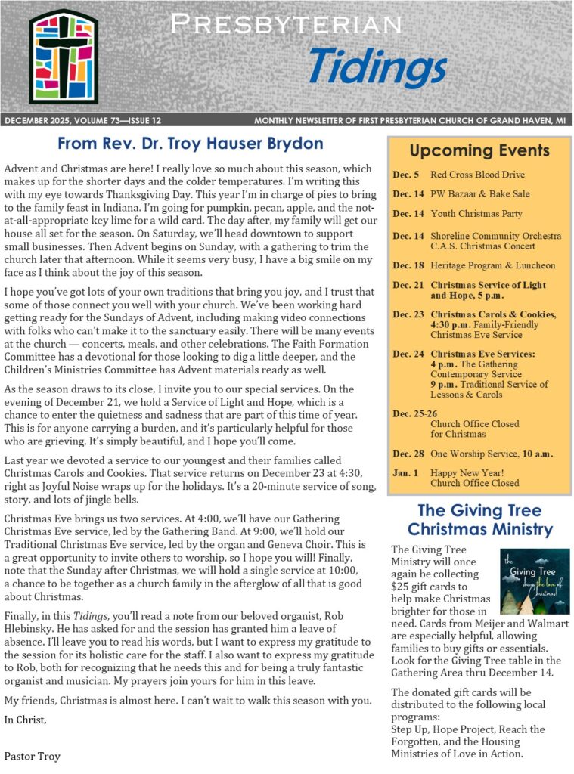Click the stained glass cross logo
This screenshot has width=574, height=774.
click(x=64, y=57)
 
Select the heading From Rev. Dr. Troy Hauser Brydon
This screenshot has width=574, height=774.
click(x=191, y=144)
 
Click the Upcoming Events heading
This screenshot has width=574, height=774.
click(x=479, y=150)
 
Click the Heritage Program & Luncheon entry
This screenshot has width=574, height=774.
click(x=492, y=265)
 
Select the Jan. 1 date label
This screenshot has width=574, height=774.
click(x=406, y=472)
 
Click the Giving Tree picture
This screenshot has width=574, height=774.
click(x=535, y=581)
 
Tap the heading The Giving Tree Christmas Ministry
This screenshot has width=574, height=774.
click(x=479, y=519)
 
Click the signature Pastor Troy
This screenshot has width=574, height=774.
click(x=32, y=756)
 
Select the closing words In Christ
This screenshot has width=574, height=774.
click(x=25, y=719)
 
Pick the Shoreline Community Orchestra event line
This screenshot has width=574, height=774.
click(x=495, y=236)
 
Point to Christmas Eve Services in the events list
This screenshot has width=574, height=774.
click(x=482, y=353)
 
